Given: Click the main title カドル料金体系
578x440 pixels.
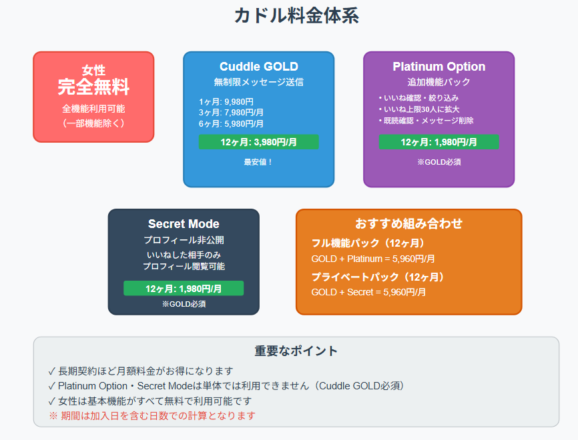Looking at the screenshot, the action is tap(296, 16).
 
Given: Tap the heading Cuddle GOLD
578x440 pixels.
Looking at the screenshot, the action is tap(259, 66).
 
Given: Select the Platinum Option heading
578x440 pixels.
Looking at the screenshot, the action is tap(439, 66).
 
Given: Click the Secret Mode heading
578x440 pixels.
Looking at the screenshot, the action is tap(184, 224).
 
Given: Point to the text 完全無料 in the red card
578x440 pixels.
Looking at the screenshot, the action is tap(93, 87).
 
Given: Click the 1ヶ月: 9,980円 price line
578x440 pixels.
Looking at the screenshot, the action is tap(226, 101).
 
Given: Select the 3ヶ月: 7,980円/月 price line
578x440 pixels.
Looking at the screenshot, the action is tap(231, 113).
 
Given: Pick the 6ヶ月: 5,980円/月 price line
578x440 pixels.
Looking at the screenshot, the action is tap(231, 124).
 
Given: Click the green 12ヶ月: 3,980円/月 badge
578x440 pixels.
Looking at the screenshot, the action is tap(259, 142).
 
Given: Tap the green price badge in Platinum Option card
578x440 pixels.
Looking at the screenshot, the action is tap(439, 142).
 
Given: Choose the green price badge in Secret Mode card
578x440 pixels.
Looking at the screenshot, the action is tap(184, 288).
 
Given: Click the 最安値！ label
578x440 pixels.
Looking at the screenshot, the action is tap(259, 162).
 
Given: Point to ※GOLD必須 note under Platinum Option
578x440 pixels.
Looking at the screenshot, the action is tap(439, 162).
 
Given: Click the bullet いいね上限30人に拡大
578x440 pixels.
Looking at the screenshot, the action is tap(418, 109).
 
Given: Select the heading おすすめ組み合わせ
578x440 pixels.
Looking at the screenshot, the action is tap(408, 223).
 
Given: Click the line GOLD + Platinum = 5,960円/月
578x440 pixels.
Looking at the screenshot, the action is tap(373, 259).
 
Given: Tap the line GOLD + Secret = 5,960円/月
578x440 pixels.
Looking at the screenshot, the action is tap(368, 293).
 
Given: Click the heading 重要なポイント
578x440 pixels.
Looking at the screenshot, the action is tap(296, 351).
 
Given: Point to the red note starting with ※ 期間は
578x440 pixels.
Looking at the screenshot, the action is tap(152, 416).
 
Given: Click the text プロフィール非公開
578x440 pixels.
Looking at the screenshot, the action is tap(184, 240).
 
